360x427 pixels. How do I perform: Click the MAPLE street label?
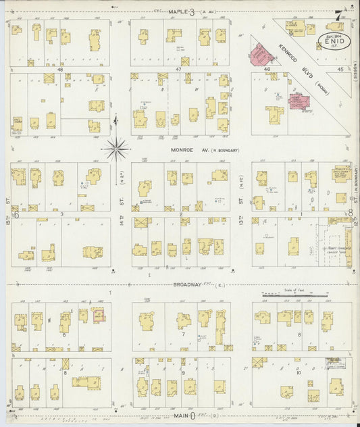tap(178, 11)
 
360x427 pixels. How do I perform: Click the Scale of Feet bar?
tap(295, 295)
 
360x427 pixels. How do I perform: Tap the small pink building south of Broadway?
tap(98, 315)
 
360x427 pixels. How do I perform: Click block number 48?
tap(60, 69)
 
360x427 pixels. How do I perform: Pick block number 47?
tap(179, 69)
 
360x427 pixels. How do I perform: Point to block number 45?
tap(330, 69)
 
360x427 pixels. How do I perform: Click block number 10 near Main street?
tap(298, 372)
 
